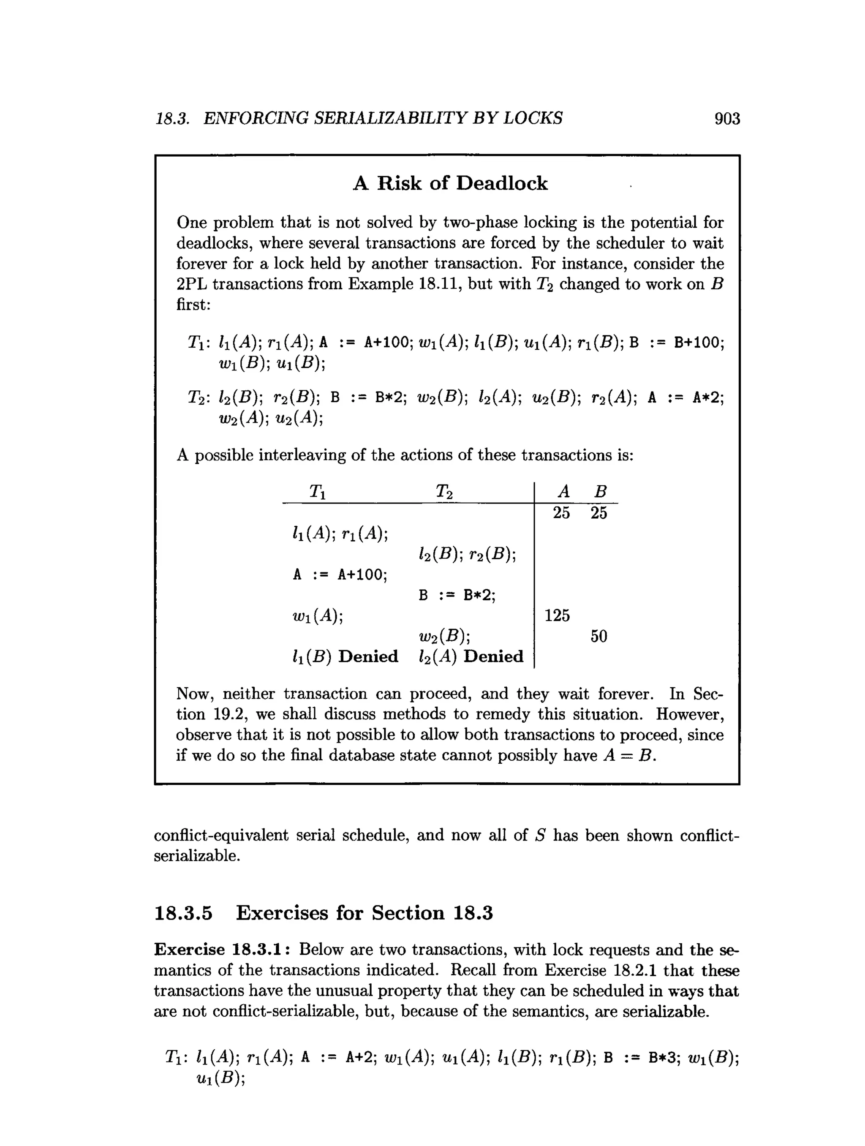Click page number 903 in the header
[727, 119]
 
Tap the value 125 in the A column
[557, 615]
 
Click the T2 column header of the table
[444, 491]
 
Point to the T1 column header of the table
[318, 491]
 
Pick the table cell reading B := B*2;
[457, 595]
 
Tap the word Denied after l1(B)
[368, 656]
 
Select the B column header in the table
[600, 491]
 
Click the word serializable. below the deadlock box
[197, 856]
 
